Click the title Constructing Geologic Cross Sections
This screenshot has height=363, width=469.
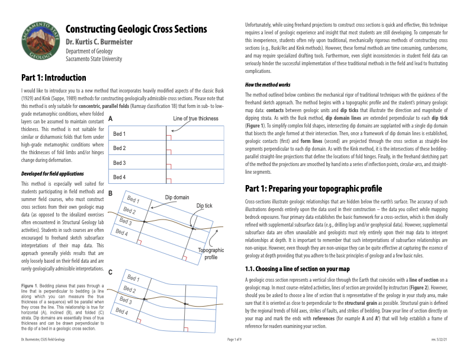(x=136, y=30)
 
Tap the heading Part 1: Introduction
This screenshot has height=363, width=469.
(x=53, y=78)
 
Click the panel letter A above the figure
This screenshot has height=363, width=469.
(x=111, y=119)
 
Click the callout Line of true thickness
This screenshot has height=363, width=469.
(x=195, y=119)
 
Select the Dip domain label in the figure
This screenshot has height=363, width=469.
(x=177, y=197)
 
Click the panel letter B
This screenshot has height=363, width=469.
(x=111, y=193)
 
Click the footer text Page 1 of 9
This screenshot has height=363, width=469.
(x=237, y=356)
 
